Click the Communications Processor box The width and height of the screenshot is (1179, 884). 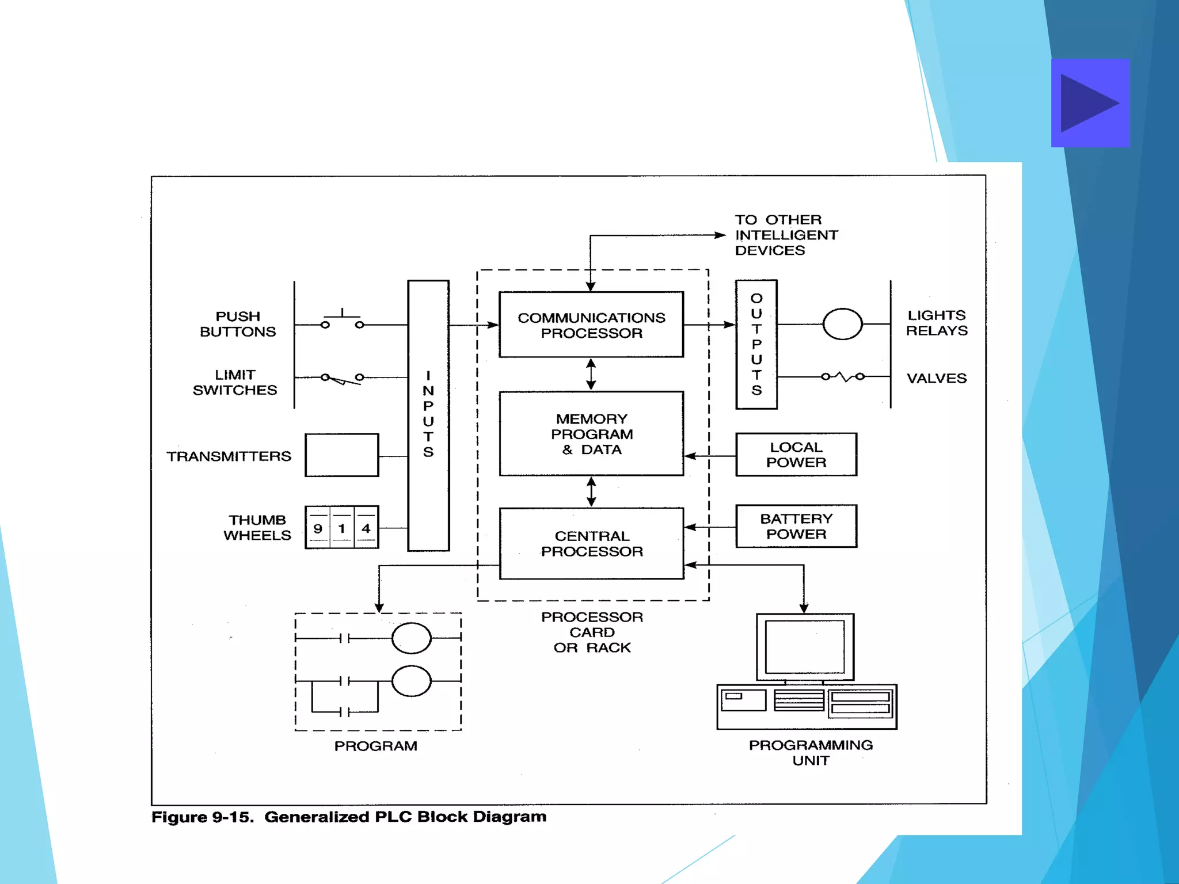click(591, 325)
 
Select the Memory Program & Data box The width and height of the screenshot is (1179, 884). click(591, 434)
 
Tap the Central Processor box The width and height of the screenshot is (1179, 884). click(591, 543)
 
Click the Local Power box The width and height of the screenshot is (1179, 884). click(796, 455)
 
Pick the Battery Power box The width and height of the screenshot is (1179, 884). click(796, 526)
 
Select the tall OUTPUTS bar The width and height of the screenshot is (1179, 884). click(756, 344)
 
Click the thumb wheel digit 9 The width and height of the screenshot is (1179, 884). click(318, 528)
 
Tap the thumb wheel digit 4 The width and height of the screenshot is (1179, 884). click(366, 528)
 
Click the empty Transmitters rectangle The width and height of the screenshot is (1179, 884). click(341, 455)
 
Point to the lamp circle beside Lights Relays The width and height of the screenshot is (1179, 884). click(842, 324)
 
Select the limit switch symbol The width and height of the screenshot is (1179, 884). click(343, 378)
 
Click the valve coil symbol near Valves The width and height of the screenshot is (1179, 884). click(843, 376)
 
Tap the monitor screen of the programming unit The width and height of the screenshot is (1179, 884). click(804, 647)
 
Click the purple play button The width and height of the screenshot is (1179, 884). click(1090, 103)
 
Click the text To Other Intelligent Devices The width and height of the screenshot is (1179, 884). click(786, 235)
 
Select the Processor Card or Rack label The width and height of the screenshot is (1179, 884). click(592, 632)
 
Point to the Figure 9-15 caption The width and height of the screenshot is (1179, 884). click(348, 817)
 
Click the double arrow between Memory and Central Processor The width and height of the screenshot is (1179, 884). click(591, 491)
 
